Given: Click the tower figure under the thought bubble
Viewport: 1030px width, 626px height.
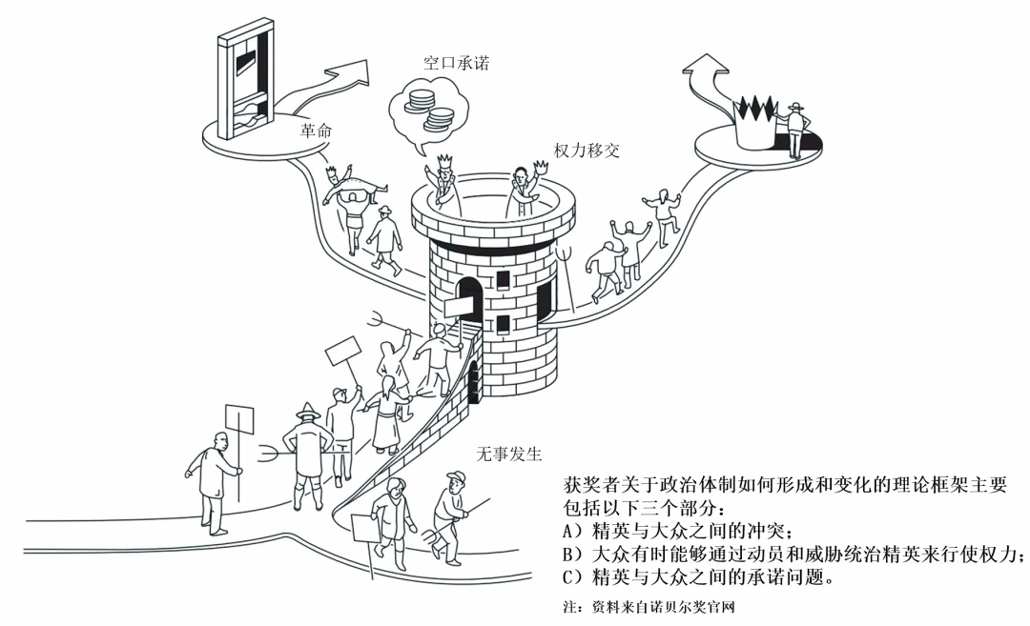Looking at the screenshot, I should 443,181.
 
